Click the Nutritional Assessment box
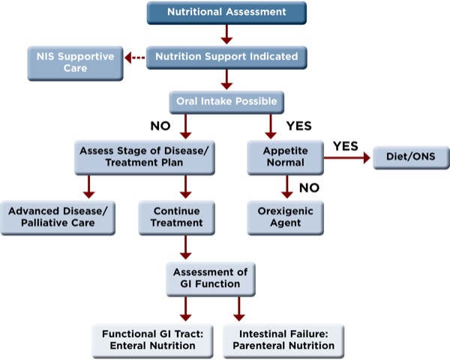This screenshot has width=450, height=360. pyautogui.click(x=226, y=13)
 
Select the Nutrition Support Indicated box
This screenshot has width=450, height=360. pyautogui.click(x=226, y=56)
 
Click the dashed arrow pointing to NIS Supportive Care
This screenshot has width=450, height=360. pyautogui.click(x=135, y=57)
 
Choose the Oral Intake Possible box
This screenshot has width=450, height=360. pyautogui.click(x=226, y=100)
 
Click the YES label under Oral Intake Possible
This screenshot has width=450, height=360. pyautogui.click(x=297, y=125)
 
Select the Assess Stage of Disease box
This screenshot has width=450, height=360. pyautogui.click(x=143, y=156)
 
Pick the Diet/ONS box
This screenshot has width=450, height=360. pyautogui.click(x=409, y=157)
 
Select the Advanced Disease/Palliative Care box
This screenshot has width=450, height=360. pyautogui.click(x=58, y=217)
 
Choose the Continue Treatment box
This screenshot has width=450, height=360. pyautogui.click(x=182, y=217)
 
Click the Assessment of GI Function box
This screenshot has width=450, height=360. pyautogui.click(x=211, y=278)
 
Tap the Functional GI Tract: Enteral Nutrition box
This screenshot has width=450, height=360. pyautogui.click(x=153, y=339)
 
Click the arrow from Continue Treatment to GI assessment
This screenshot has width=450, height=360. pyautogui.click(x=183, y=247)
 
